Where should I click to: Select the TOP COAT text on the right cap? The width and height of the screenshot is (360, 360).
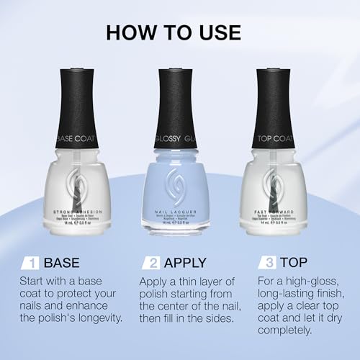coord(287,135)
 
